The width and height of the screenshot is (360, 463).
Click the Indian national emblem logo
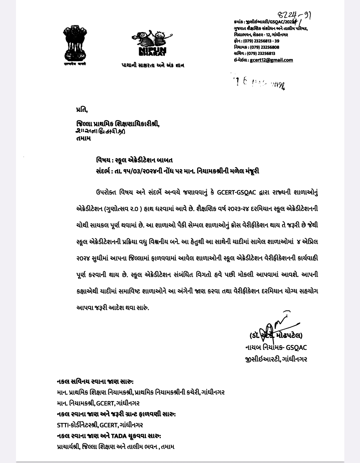pos(75,45)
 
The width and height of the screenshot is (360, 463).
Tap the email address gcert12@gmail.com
pos(271,60)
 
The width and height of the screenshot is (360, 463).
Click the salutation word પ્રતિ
pos(82,109)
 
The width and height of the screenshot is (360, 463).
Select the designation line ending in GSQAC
pos(276,347)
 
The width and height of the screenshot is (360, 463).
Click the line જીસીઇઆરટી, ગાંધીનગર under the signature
pos(276,359)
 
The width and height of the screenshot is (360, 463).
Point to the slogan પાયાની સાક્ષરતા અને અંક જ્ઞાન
pos(152,65)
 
